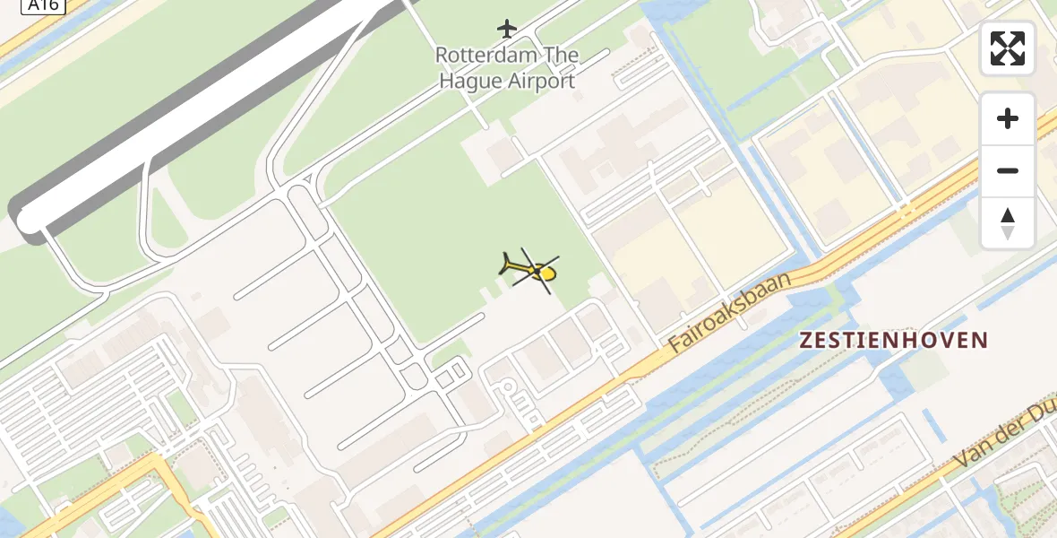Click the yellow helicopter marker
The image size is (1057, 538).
tap(530, 268)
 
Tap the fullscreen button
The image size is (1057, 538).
tap(1008, 48)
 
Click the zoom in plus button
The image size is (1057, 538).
tap(1008, 118)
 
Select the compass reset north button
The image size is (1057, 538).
tap(1008, 223)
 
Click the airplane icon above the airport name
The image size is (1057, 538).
tap(507, 29)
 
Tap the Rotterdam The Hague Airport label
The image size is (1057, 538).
tap(507, 68)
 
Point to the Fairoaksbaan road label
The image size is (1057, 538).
tap(730, 310)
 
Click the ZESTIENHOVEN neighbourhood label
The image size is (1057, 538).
tap(893, 341)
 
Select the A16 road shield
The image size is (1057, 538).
tap(42, 5)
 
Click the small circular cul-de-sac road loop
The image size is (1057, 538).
tap(508, 387)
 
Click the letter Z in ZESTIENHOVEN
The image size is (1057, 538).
tap(805, 341)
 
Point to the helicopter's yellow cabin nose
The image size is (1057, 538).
tap(548, 273)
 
